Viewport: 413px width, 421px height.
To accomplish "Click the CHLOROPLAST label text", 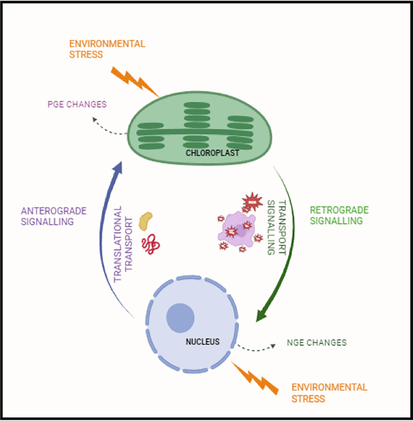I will [212, 153].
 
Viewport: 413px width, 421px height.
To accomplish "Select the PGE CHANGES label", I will [77, 104].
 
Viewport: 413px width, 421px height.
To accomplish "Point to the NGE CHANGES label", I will [317, 343].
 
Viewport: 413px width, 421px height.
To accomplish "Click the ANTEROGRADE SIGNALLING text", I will [54, 216].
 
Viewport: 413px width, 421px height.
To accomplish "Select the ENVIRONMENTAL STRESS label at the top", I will [107, 49].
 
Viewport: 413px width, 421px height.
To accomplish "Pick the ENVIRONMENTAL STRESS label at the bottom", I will [329, 393].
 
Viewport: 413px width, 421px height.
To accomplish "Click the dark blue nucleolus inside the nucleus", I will [180, 317].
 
